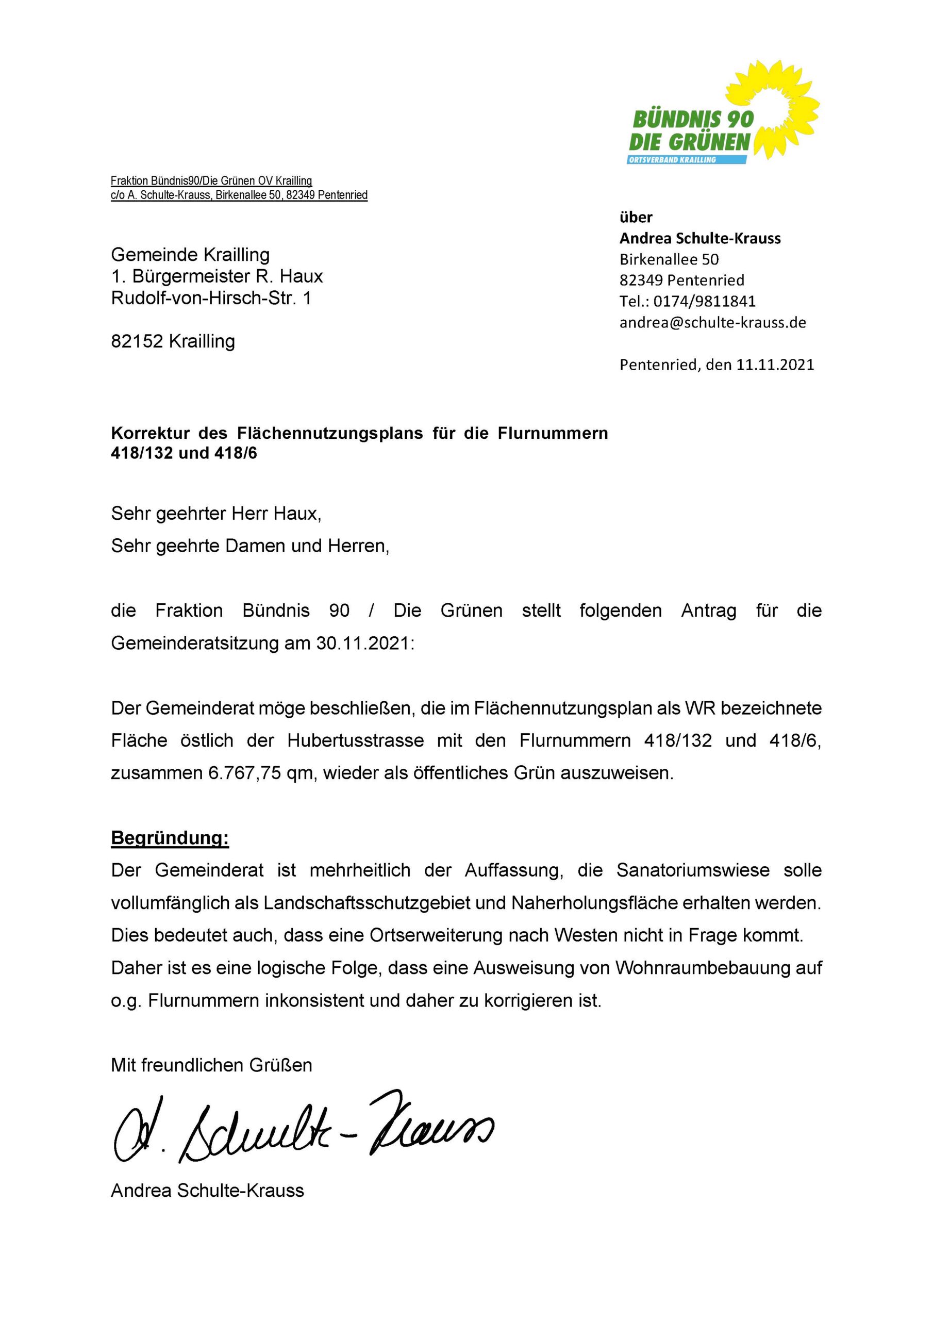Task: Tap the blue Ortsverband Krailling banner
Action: (x=687, y=159)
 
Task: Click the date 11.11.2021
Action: (x=775, y=365)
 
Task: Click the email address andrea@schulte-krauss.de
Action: (x=712, y=323)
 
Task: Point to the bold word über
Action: (x=636, y=217)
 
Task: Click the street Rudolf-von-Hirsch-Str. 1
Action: (x=211, y=299)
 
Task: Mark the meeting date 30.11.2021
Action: (x=363, y=643)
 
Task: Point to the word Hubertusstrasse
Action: (x=355, y=740)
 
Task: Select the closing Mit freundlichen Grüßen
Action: (x=211, y=1065)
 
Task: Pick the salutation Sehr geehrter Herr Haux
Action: (x=215, y=513)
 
